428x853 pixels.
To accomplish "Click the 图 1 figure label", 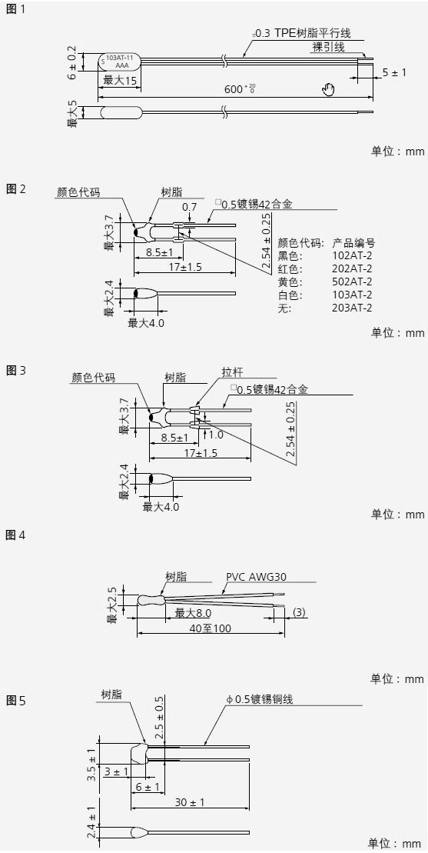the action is tap(15, 9).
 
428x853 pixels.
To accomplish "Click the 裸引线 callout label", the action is tap(329, 47).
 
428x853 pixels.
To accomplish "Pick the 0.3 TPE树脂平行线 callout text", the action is tap(303, 32).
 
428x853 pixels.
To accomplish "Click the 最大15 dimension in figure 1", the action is tap(120, 81).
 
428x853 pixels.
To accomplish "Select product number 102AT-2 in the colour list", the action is tap(352, 255).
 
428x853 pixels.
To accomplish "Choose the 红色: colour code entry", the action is tap(289, 268).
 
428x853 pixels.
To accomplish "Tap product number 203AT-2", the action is tap(352, 308).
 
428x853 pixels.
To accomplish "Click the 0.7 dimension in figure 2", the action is tap(190, 207).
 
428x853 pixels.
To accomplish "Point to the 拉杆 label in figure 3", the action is tap(233, 372).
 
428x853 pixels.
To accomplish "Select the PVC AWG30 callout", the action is tap(256, 577).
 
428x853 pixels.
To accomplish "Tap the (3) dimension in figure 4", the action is tap(299, 612).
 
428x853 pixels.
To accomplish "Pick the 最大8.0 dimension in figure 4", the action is tap(193, 613).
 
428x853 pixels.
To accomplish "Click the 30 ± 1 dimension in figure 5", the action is tap(190, 802).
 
